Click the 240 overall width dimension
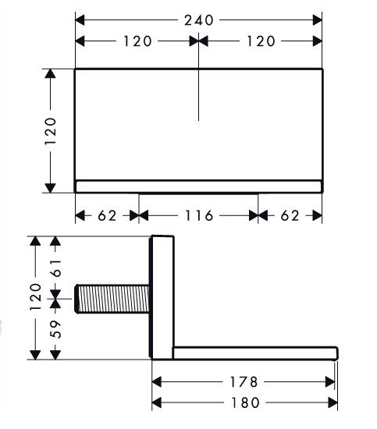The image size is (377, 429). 199,20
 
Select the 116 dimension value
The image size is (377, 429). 199,215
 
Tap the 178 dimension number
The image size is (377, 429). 244,382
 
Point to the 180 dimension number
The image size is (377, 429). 245,402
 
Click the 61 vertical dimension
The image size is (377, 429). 56,268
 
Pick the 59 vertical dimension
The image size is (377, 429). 56,329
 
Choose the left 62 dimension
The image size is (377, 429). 107,215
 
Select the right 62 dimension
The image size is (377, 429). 290,215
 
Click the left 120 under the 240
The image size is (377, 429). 137,41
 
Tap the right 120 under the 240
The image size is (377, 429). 261,41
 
